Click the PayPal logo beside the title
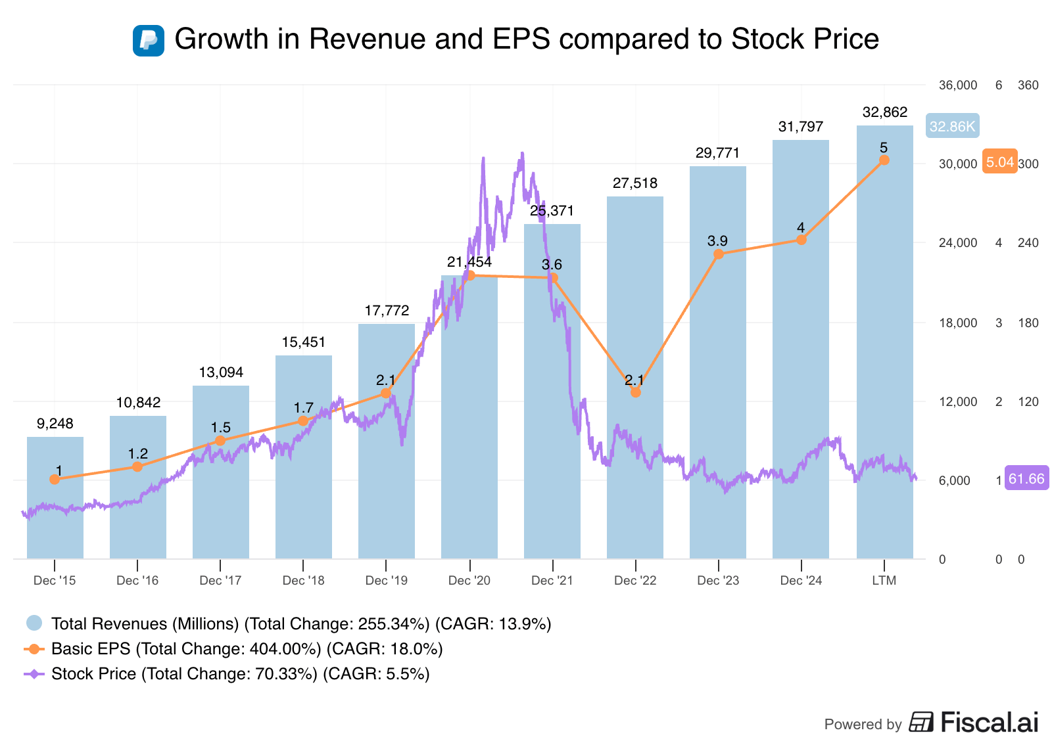click(x=148, y=40)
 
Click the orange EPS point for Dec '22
click(x=635, y=392)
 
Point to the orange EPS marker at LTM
click(x=884, y=160)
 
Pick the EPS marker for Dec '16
click(x=137, y=466)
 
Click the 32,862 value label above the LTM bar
click(x=884, y=112)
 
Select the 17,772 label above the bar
click(x=387, y=310)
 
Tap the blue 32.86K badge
click(x=952, y=126)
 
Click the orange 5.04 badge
click(x=999, y=162)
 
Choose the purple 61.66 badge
click(x=1026, y=479)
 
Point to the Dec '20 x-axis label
click(x=469, y=580)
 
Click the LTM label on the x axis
click(x=884, y=580)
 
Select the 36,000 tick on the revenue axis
click(x=958, y=85)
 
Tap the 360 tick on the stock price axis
click(x=1028, y=85)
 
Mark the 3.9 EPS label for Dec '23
click(x=717, y=241)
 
